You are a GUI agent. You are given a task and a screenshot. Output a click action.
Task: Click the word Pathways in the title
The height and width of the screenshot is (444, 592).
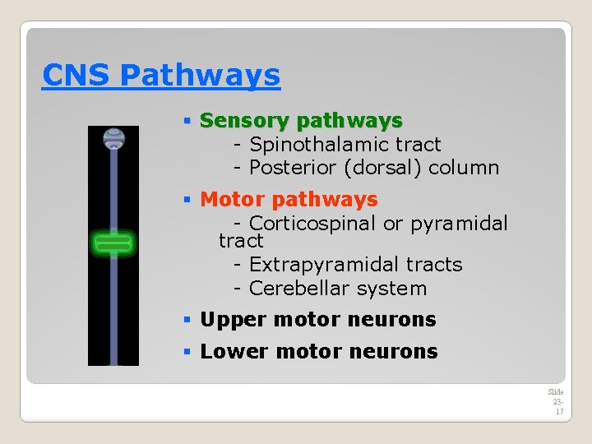[200, 76]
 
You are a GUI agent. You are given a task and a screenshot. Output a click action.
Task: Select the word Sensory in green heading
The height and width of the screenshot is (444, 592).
[244, 121]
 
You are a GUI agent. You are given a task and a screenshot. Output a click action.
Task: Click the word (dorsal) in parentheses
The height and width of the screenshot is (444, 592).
[386, 168]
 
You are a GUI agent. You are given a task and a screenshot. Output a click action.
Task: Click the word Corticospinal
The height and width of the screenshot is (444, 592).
[308, 224]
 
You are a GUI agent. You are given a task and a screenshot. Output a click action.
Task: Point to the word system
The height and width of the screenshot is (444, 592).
[390, 289]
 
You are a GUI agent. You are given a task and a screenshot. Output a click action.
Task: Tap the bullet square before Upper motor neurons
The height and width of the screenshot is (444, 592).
[187, 320]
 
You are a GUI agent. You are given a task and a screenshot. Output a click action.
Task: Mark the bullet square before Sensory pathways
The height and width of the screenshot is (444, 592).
[187, 122]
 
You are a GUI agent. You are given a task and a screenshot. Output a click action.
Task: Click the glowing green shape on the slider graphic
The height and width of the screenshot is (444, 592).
[113, 243]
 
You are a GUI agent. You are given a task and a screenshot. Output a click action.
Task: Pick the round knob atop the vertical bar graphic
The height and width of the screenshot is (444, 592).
[113, 137]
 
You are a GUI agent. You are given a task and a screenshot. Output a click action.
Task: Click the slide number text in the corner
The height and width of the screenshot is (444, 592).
[557, 401]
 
